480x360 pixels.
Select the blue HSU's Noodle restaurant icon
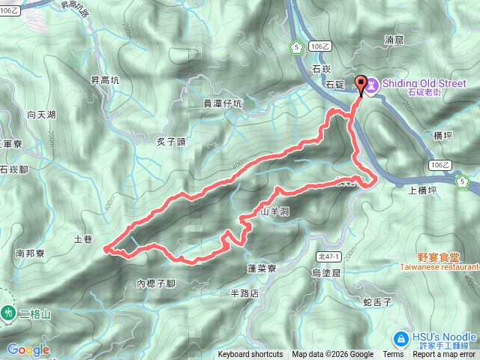[400, 338]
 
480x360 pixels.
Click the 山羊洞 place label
[274, 211]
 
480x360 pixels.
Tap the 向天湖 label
[41, 115]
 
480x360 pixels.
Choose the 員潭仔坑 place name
[223, 103]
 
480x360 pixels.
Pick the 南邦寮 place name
[29, 253]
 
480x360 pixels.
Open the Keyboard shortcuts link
[250, 355]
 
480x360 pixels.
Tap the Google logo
[28, 349]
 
